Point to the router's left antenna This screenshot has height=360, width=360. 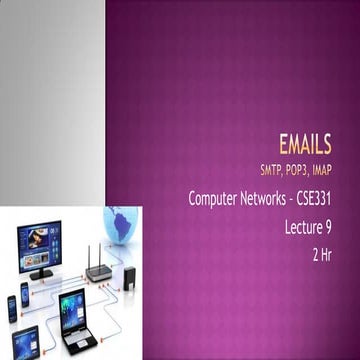point(88,254)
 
